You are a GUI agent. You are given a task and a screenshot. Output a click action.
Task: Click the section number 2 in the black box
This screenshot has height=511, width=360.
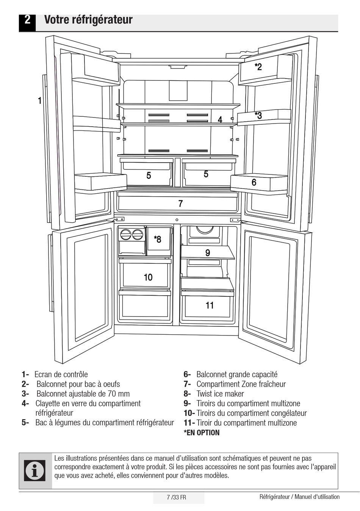tap(27, 20)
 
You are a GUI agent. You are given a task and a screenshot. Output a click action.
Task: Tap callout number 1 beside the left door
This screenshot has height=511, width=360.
tap(39, 101)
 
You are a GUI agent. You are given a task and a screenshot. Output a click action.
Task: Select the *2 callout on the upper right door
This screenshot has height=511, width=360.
tap(258, 67)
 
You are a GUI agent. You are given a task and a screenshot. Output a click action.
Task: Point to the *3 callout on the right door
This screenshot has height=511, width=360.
tap(258, 115)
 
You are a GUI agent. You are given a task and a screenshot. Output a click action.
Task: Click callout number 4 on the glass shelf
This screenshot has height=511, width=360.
tap(220, 120)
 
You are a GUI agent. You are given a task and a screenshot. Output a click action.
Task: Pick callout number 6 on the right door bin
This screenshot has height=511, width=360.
tap(254, 182)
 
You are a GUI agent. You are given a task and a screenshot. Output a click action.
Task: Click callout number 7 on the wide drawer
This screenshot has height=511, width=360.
tap(180, 204)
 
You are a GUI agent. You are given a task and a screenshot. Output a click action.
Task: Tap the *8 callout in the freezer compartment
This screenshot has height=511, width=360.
tap(157, 239)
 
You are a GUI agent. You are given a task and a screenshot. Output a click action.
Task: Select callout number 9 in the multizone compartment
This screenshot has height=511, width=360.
tap(208, 253)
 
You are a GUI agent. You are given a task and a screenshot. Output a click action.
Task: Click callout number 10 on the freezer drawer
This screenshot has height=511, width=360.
tap(148, 277)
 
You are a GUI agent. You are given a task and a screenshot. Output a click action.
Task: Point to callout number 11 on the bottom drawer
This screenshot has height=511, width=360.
tap(210, 305)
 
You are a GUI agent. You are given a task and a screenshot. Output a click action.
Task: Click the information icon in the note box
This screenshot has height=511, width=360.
tap(35, 470)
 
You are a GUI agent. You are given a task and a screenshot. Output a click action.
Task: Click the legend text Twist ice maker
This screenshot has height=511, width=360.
tap(220, 394)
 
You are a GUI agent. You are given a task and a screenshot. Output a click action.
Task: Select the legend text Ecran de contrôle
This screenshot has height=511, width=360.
tap(61, 375)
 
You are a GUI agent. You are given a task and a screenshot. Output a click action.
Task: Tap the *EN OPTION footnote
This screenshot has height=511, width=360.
tap(202, 433)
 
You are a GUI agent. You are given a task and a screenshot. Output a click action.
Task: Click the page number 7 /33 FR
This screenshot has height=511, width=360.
tap(176, 497)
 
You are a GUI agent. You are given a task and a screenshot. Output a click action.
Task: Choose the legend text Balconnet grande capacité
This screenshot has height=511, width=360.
tap(236, 375)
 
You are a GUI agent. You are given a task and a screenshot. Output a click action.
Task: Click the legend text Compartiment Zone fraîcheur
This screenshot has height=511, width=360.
tap(241, 384)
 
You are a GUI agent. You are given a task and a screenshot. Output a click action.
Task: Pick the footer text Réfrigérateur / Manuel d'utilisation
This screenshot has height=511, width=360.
tap(299, 497)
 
